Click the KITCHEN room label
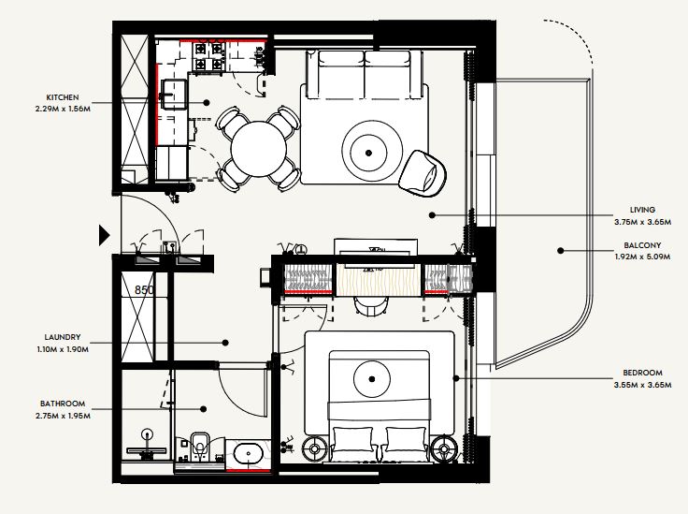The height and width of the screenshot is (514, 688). click(63, 97)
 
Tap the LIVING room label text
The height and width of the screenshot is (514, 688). click(642, 210)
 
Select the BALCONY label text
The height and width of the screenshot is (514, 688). click(642, 245)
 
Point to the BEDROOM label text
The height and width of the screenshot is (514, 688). click(642, 373)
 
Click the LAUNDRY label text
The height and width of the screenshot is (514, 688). click(63, 337)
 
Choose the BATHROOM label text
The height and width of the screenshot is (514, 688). click(63, 404)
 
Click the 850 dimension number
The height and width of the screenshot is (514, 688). click(144, 290)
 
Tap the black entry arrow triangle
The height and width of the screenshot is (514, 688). click(104, 236)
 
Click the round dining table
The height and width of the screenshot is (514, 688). click(258, 149)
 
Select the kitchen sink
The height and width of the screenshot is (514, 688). click(173, 94)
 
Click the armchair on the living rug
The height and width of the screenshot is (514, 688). click(423, 173)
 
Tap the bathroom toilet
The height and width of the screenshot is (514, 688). click(200, 447)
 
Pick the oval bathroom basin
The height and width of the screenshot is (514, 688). click(248, 454)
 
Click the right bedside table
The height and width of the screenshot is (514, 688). click(444, 449)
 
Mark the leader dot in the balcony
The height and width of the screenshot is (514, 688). click(560, 251)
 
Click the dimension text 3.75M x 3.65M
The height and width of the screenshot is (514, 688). click(642, 222)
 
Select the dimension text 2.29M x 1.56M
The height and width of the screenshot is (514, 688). click(63, 109)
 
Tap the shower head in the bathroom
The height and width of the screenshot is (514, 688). click(148, 434)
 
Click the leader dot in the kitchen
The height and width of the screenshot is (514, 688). click(207, 103)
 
